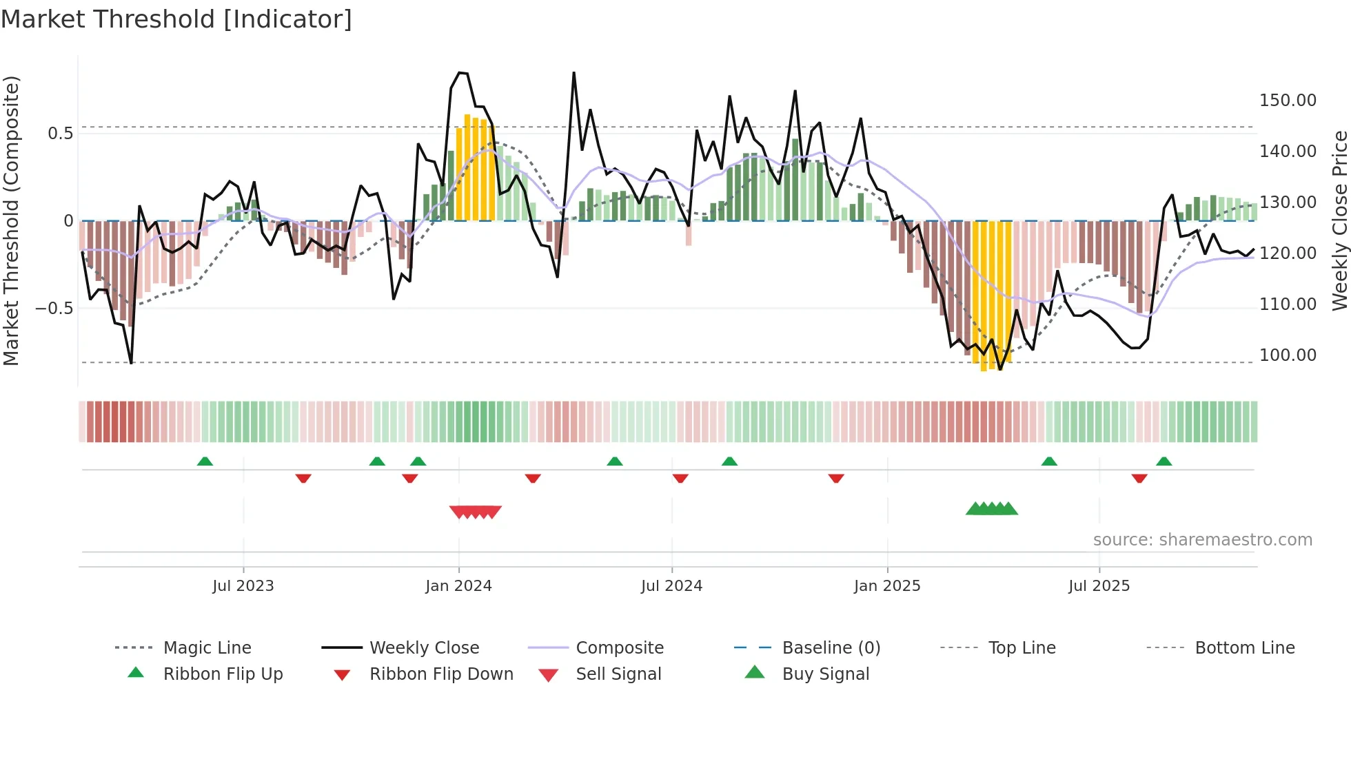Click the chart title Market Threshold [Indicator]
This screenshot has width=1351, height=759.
pos(176,19)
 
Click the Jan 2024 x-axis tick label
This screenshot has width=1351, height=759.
pos(458,586)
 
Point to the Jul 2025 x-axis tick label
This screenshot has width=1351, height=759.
pos(1099,586)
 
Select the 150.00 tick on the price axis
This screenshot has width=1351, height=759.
pos(1288,101)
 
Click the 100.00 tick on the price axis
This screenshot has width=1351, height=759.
pos(1288,355)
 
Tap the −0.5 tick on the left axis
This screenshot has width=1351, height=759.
pos(54,308)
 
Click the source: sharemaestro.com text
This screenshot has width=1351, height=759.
pos(1202,540)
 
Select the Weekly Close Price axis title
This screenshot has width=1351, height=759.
pos(1339,220)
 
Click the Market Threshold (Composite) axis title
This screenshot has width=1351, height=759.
pos(11,220)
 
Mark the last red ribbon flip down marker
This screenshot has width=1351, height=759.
pos(1139,478)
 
